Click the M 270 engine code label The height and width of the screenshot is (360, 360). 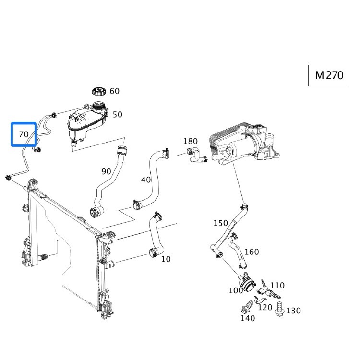(x=329, y=75)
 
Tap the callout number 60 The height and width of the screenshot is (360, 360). (x=114, y=91)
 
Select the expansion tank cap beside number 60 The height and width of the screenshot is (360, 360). (x=99, y=91)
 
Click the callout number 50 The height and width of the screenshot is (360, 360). (x=117, y=115)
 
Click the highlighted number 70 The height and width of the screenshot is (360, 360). (x=24, y=134)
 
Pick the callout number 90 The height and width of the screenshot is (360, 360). (x=106, y=171)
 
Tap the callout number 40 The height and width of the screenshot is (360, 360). (x=146, y=180)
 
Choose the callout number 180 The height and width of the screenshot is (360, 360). (x=191, y=141)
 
